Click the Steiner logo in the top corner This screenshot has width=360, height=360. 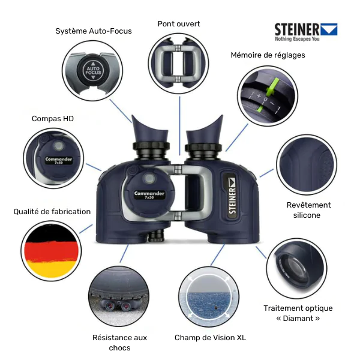coord(305,32)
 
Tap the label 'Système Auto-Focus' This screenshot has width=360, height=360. coord(94,31)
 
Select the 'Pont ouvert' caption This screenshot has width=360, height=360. coord(179,24)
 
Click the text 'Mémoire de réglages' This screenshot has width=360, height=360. coord(268,55)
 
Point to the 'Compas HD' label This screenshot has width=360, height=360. coord(53,119)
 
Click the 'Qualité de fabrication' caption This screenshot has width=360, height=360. coord(53,211)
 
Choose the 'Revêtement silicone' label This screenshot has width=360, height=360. coord(308,210)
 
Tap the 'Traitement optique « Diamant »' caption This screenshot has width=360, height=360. coord(298,313)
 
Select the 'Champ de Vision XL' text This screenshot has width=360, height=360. coord(210,338)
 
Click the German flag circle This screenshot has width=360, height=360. coord(50,251)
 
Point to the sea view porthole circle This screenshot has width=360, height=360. coord(209,297)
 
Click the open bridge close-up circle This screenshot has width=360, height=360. coord(178,64)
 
